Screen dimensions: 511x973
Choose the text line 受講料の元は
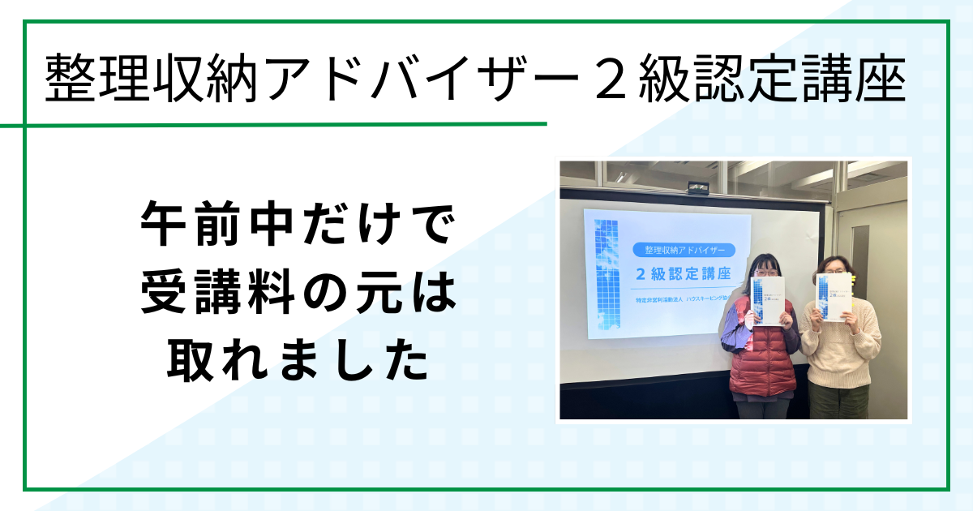(297, 295)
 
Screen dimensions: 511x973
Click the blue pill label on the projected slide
(683, 249)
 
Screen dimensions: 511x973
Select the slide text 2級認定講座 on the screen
(683, 273)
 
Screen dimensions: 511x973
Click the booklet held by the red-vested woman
(768, 301)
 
